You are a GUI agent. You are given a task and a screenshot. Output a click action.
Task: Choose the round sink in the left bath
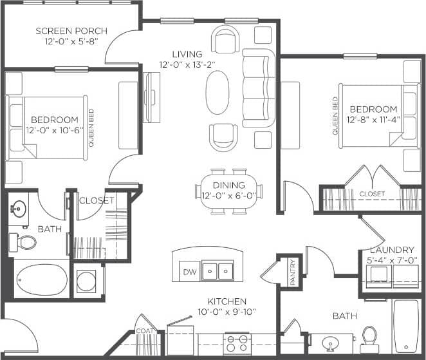[x=19, y=209]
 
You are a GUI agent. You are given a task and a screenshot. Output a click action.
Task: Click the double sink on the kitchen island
[x=218, y=271]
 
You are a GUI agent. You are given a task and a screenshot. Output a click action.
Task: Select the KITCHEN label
[x=227, y=301]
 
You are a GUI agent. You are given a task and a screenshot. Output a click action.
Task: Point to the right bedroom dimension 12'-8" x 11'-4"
[x=373, y=119]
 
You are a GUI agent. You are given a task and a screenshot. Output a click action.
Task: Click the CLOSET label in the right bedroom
[x=372, y=193]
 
